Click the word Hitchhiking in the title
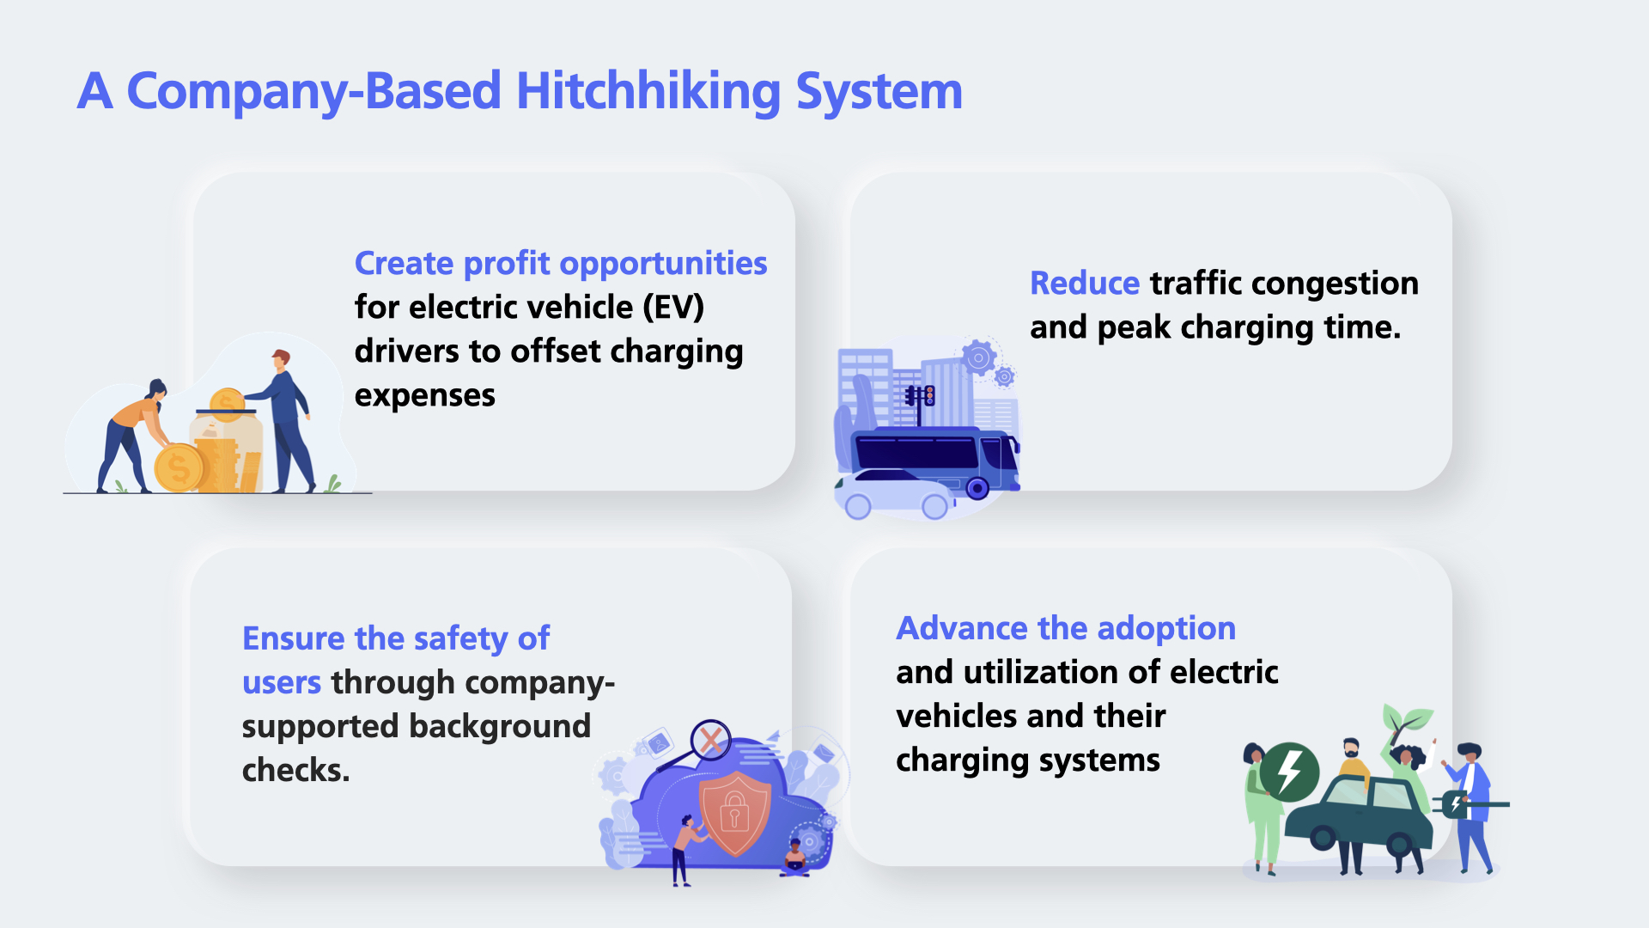point(648,92)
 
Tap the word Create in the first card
point(404,263)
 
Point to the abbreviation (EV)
point(673,307)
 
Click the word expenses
point(425,396)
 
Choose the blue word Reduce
point(1085,283)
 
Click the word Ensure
point(294,638)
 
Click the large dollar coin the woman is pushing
point(178,468)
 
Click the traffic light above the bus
point(928,396)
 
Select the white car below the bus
point(894,494)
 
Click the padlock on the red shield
point(734,809)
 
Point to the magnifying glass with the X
point(710,740)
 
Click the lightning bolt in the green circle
point(1289,772)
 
